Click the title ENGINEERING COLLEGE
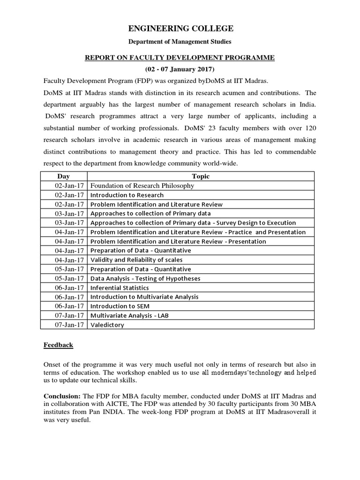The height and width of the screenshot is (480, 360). click(180, 29)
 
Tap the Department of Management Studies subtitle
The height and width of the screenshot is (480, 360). click(180, 42)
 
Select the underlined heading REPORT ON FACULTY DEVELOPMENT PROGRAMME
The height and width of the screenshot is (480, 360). click(179, 58)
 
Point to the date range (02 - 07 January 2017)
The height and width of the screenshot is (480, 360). click(180, 69)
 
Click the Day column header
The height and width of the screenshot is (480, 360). click(63, 176)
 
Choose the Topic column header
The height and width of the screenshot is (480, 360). click(201, 176)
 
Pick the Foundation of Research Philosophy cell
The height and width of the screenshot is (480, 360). click(142, 186)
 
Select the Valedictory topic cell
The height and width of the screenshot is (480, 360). click(107, 325)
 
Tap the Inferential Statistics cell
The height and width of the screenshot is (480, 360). click(120, 288)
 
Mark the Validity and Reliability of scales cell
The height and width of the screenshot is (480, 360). click(136, 260)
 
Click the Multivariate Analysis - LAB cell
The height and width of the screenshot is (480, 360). click(129, 315)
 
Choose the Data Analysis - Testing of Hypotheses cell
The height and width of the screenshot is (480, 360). click(145, 278)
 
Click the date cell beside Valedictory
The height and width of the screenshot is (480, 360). click(69, 325)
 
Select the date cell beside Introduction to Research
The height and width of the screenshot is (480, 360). click(69, 195)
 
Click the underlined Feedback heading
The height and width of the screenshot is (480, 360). click(59, 345)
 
